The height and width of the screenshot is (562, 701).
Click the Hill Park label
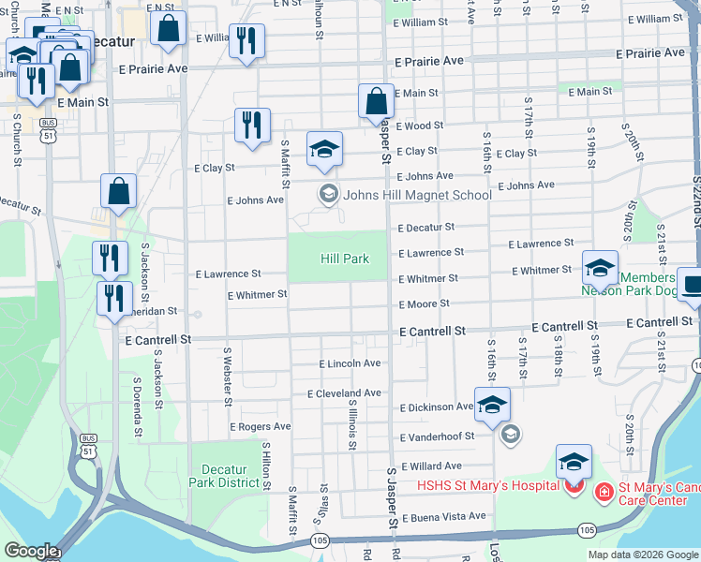point(345,259)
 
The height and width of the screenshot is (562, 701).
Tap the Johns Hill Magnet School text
point(417,195)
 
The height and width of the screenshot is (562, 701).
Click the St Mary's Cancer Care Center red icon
point(604,490)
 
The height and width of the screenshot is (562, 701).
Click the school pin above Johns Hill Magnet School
point(324,149)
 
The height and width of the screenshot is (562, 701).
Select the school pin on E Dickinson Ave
point(492,405)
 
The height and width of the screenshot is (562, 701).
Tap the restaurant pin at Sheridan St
point(114,299)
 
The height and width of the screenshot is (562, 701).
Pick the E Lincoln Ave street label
point(350,363)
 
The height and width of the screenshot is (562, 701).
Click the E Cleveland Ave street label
point(344,393)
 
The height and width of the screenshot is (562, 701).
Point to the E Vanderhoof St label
point(437,437)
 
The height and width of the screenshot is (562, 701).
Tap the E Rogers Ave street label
point(260,426)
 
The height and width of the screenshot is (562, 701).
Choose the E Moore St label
point(424,304)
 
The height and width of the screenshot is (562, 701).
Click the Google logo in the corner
point(31,550)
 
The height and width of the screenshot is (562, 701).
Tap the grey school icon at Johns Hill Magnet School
point(328,195)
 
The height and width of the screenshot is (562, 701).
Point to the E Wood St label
point(419,126)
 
